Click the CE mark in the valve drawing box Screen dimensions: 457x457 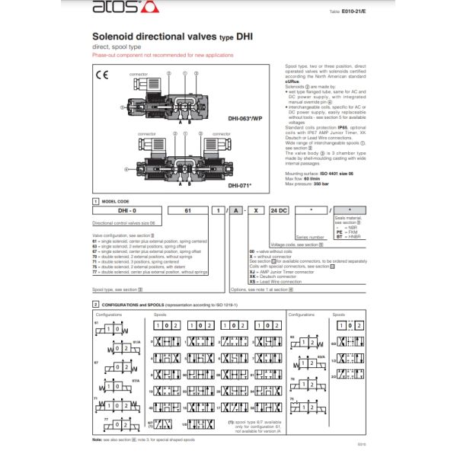pos(101,74)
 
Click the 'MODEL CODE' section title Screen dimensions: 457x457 pos(114,200)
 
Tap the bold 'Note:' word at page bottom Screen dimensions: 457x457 pos(97,439)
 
